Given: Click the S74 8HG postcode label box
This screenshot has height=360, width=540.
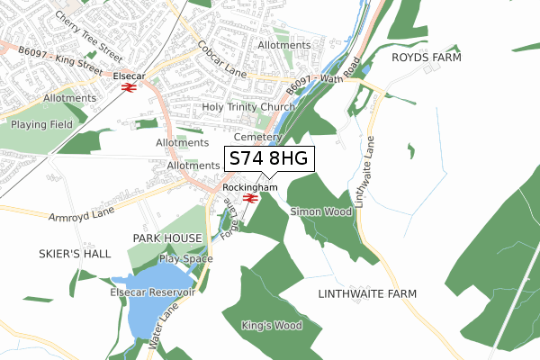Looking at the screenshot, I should click(x=268, y=159).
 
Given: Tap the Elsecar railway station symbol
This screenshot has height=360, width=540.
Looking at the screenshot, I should click(x=130, y=88).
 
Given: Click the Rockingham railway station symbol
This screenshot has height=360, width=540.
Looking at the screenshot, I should click(x=251, y=198).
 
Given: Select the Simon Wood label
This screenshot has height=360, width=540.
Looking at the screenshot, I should click(x=320, y=211).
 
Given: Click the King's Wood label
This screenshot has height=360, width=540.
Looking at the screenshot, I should click(x=272, y=325).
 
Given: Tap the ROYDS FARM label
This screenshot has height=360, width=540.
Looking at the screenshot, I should click(x=426, y=58).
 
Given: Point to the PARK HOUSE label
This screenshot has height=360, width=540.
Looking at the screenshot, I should click(x=167, y=238).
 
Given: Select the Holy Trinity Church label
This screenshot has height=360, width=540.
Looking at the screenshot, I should click(x=248, y=107).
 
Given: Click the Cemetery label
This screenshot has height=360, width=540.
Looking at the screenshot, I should click(x=252, y=138).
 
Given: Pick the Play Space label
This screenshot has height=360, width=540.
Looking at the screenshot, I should click(x=185, y=259).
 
